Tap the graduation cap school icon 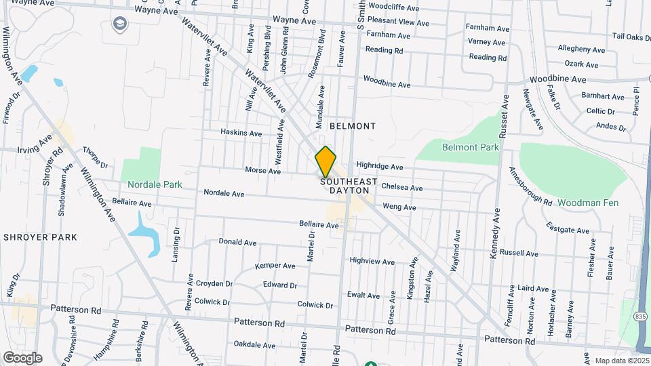[x=120, y=24]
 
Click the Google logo [x=22, y=358]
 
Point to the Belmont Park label [x=470, y=147]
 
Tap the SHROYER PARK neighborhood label [x=40, y=237]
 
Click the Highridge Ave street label [x=380, y=166]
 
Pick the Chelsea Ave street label [x=402, y=187]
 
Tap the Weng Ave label [x=399, y=207]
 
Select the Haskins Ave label [x=241, y=134]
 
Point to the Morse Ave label [x=262, y=171]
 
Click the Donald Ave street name [x=237, y=242]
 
